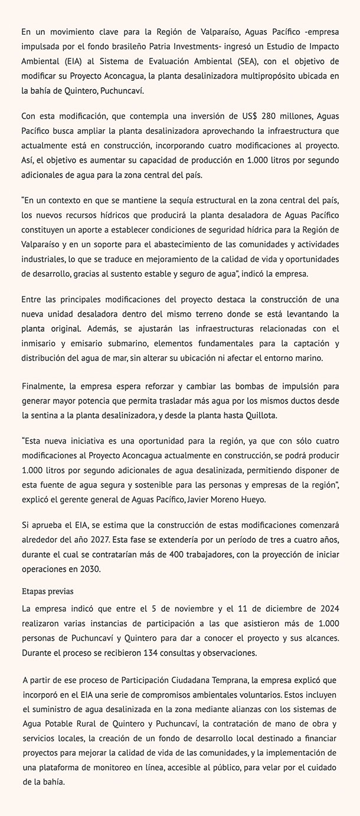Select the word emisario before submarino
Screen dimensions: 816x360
78,343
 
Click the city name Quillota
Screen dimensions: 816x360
276,415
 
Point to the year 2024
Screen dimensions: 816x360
328,608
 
